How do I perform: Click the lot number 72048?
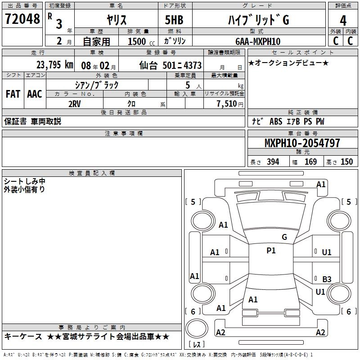[x=22, y=19]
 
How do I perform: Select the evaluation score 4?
[x=343, y=20]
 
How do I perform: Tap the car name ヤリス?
[x=116, y=20]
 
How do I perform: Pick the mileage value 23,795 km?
[x=54, y=64]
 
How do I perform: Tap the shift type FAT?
[x=13, y=94]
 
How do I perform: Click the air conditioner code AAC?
[x=35, y=94]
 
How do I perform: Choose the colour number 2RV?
[x=74, y=103]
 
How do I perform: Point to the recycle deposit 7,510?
[x=226, y=103]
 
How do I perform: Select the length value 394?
[x=273, y=162]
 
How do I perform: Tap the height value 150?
[x=346, y=162]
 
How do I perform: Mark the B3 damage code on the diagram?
[x=327, y=279]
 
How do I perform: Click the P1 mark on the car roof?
[x=271, y=251]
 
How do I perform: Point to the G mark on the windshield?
[x=284, y=237]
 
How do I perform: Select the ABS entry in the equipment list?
[x=275, y=121]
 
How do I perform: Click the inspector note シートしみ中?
[x=24, y=181]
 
